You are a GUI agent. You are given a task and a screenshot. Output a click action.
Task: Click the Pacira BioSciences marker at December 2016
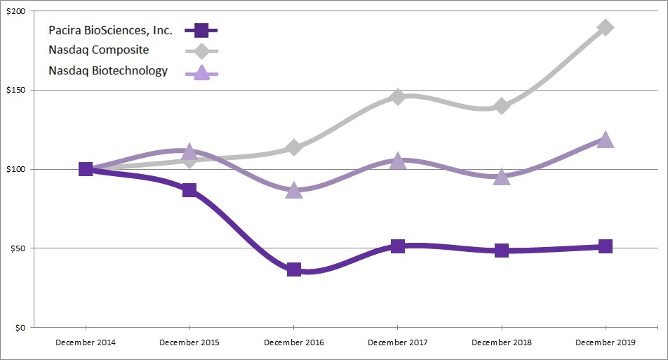click(293, 269)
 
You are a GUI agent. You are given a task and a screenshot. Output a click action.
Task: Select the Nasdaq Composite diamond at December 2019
click(606, 27)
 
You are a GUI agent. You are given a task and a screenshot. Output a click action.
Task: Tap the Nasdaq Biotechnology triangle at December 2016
click(293, 190)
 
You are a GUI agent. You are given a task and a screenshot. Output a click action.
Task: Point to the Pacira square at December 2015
click(189, 190)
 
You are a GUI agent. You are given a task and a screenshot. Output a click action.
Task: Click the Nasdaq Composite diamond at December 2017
click(397, 97)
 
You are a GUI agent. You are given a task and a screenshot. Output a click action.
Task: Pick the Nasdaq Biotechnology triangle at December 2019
click(606, 140)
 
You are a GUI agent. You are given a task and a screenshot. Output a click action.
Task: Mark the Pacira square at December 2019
click(606, 246)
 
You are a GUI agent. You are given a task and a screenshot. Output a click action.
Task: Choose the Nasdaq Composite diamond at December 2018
click(501, 106)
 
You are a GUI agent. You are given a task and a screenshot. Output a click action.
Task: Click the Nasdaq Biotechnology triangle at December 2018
click(501, 176)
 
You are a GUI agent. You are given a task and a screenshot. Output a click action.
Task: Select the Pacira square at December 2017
click(397, 246)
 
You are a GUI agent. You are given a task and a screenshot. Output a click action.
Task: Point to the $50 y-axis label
click(17, 248)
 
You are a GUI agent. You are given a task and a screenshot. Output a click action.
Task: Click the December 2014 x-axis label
click(86, 342)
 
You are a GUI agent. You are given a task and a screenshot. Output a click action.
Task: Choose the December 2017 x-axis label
click(397, 342)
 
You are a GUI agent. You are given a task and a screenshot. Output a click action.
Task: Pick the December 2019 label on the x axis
click(606, 342)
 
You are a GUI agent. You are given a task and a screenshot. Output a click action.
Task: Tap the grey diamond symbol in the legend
click(201, 51)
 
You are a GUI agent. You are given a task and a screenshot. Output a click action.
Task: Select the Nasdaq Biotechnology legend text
click(108, 71)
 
